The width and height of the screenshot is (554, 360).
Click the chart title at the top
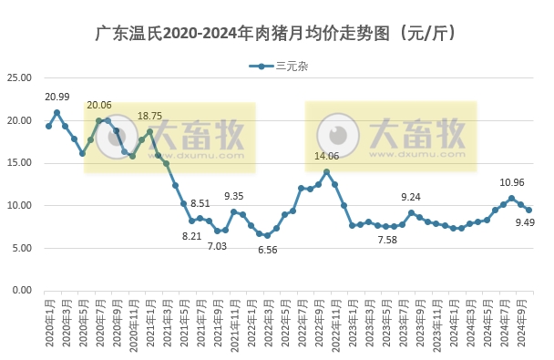click(276, 34)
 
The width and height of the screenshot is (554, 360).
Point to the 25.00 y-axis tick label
click(21, 78)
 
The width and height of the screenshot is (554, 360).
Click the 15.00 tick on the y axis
click(21, 163)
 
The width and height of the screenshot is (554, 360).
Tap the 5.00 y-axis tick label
click(23, 248)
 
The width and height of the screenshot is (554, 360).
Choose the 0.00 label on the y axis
click(23, 291)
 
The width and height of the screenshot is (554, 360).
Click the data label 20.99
click(56, 98)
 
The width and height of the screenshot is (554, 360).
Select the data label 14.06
click(327, 157)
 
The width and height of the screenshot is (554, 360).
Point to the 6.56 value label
click(268, 250)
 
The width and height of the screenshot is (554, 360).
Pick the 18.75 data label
click(149, 116)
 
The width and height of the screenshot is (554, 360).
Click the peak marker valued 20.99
click(56, 113)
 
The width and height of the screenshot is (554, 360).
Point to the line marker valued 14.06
click(327, 171)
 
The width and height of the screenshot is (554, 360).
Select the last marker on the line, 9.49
click(528, 211)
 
